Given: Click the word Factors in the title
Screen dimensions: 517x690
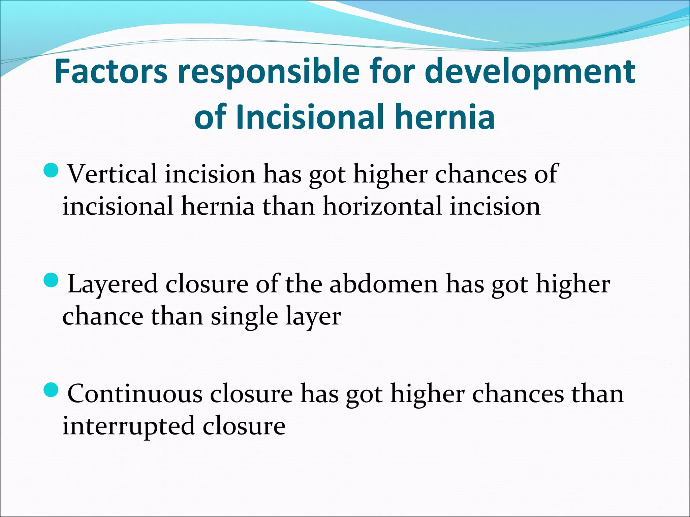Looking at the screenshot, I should (111, 72).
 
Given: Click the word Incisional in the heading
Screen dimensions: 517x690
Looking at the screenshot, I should (310, 117).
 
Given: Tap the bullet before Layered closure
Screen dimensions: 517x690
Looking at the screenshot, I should (52, 280).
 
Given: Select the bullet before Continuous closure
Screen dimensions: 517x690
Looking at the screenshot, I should (52, 389).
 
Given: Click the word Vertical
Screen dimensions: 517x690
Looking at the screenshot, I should (113, 174).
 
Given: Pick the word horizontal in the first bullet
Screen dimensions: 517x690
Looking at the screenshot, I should (382, 206).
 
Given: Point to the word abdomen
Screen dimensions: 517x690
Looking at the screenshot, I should (384, 284).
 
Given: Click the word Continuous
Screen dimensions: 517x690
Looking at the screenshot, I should (135, 394).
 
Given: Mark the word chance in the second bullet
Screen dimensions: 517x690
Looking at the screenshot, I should (103, 316).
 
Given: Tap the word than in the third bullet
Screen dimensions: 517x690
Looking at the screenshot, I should (597, 394).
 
